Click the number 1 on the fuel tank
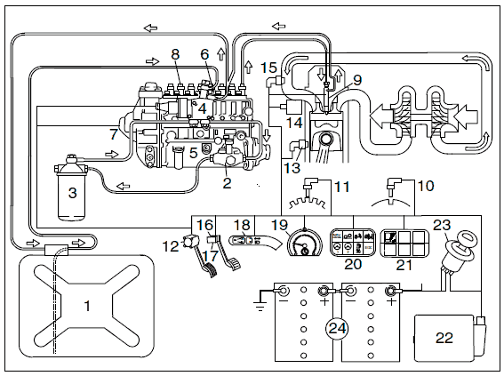point(87,306)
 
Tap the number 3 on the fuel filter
point(72,193)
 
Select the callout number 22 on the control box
point(444,338)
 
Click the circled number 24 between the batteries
point(337,328)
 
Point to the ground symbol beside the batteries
point(260,305)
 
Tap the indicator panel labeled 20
point(353,243)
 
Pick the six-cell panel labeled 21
point(404,243)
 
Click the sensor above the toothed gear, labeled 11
point(310,187)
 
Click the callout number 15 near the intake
point(268,68)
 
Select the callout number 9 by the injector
point(357,80)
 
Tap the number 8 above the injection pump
point(175,54)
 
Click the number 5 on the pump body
point(193,153)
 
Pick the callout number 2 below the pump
point(227,183)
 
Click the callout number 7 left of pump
point(114,134)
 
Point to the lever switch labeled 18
point(254,243)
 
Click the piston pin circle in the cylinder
point(325,140)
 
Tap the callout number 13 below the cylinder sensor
point(292,168)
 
